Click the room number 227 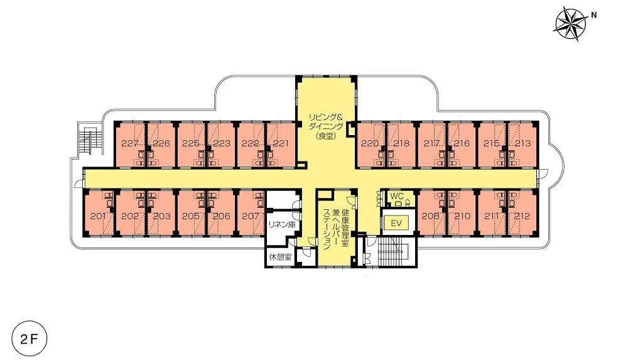point(130,143)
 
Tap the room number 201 point(98,216)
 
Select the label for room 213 point(522,143)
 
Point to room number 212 point(522,216)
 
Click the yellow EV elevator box point(396,223)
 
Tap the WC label point(397,196)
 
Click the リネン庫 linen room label point(282,224)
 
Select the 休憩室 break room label point(280,256)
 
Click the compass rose point(570,24)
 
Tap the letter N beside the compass point(594,15)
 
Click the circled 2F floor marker point(30,339)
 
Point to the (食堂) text point(325,136)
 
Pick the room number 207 point(251,216)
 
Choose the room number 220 point(370,143)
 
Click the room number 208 point(431,216)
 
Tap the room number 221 point(280,143)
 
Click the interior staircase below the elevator point(394,251)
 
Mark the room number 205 point(191,216)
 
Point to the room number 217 point(431,143)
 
